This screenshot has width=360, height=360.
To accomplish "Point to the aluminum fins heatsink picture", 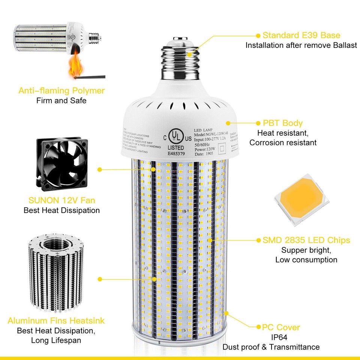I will [56, 274].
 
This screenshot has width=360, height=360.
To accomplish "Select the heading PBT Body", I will [282, 123].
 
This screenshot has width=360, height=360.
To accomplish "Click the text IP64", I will [271, 337].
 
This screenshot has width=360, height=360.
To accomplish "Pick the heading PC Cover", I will [281, 327].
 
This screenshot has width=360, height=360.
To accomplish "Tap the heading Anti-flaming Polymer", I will [61, 91].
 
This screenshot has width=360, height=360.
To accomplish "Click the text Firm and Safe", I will [61, 100].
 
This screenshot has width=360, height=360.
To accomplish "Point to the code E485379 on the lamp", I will [177, 153].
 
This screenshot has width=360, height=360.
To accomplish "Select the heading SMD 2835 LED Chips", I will [306, 240].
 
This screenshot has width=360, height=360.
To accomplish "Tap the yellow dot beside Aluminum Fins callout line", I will [100, 279].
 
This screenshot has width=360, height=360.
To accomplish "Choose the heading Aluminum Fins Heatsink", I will [56, 321].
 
